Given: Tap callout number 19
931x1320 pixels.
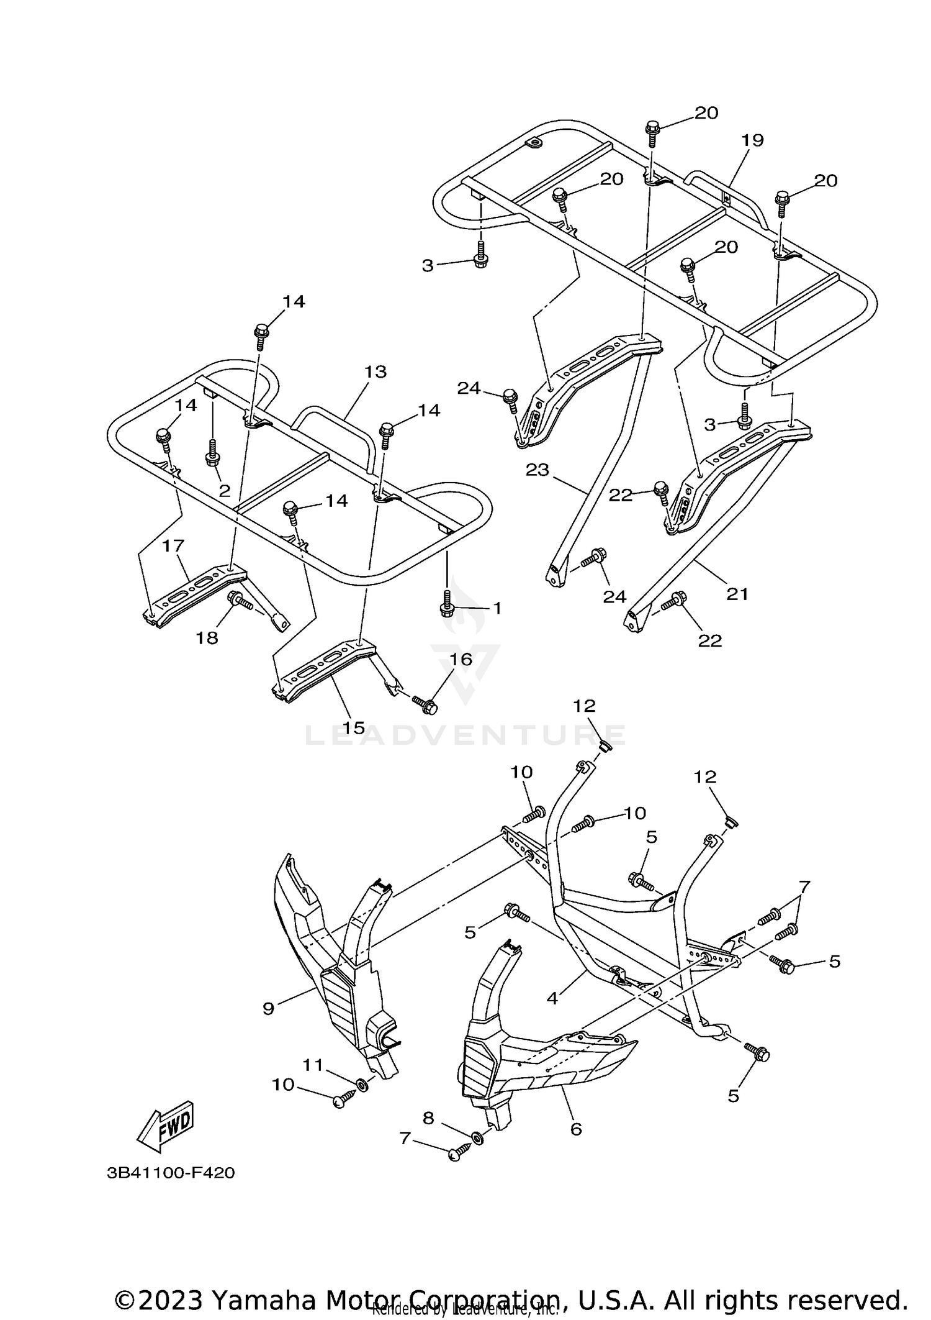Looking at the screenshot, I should tap(752, 140).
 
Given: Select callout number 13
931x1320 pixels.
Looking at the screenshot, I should tap(375, 371).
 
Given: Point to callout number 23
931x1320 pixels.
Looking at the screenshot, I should tap(537, 470).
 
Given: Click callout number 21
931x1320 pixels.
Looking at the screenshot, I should tap(737, 594).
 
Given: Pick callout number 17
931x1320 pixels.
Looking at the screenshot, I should tap(173, 546).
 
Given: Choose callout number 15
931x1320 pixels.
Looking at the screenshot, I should tap(354, 727).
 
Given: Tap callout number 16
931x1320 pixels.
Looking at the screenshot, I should tap(461, 659).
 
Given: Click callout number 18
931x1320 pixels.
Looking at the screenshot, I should tap(207, 638).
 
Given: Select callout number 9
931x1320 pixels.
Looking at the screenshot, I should tap(268, 1008).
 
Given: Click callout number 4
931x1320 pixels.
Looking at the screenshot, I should tap(552, 998).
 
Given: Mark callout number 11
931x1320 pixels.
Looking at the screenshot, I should tap(313, 1065).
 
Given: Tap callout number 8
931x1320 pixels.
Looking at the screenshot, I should tap(428, 1118).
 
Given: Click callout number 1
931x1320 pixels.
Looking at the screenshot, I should tap(497, 608).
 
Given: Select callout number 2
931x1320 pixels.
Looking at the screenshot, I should tap(224, 490).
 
